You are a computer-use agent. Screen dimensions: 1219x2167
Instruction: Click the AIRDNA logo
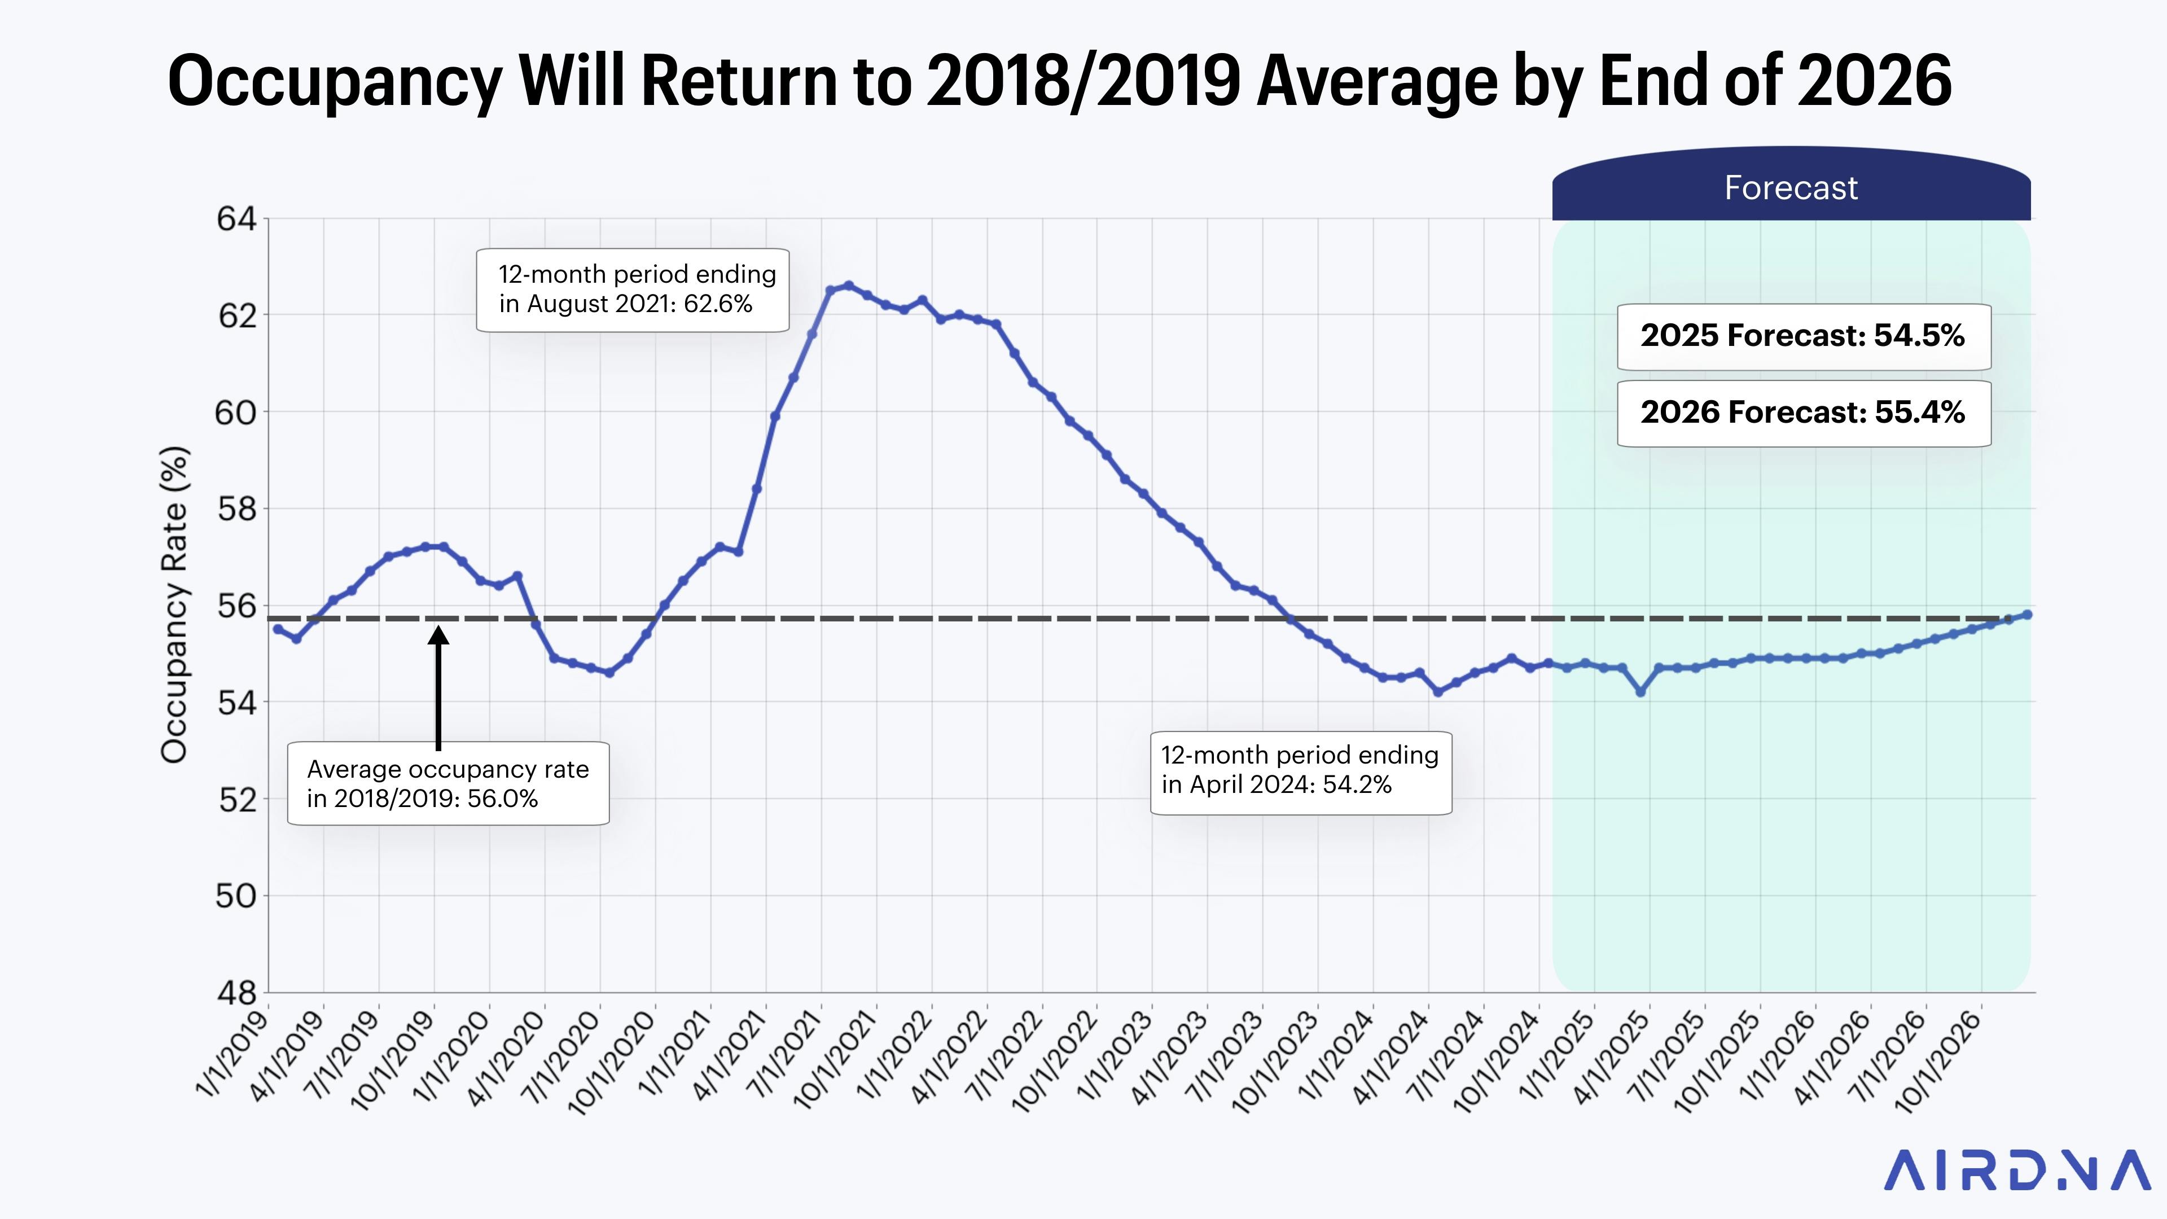[x=2016, y=1170]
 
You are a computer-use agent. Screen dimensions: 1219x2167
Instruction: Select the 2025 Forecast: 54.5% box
[x=1803, y=336]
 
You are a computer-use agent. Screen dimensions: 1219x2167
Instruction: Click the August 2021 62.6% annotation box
[x=633, y=290]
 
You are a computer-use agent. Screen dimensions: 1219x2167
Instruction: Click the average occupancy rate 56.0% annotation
[x=448, y=783]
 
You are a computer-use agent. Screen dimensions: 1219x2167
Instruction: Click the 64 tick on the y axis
[x=236, y=219]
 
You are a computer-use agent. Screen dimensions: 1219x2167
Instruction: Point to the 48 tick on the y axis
[x=236, y=993]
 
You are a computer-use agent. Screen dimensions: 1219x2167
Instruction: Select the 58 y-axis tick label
[x=236, y=509]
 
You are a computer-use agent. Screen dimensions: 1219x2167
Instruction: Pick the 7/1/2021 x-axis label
[x=787, y=1056]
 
